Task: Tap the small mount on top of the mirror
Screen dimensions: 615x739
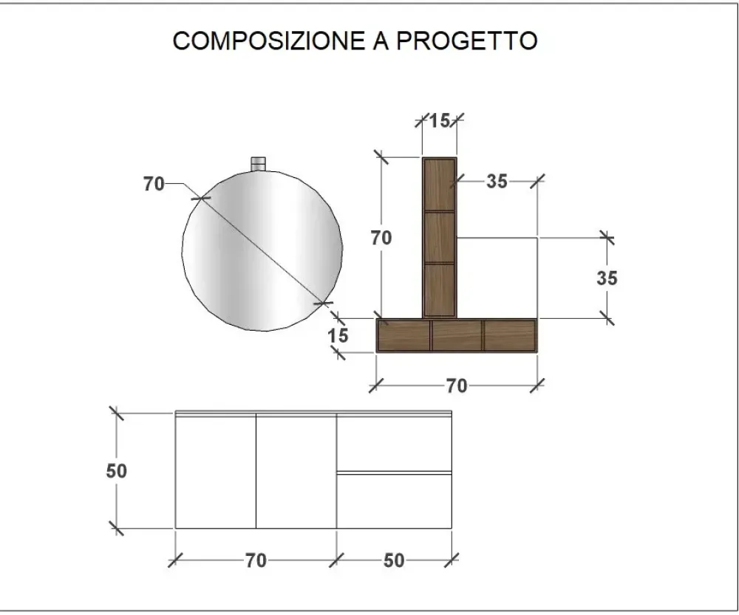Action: point(258,163)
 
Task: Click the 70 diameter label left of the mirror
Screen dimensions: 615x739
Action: point(154,185)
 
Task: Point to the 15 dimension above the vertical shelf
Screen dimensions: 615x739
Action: point(439,120)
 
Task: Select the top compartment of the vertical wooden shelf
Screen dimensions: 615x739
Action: point(439,185)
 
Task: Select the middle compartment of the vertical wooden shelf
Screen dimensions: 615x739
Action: point(439,237)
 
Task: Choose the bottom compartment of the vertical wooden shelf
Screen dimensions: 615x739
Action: point(439,289)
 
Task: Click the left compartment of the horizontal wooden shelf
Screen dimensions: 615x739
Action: point(403,334)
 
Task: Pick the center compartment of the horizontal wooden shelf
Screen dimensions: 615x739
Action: point(456,334)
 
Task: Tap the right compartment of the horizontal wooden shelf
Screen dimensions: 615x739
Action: point(508,334)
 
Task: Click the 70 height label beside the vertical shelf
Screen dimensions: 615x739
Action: point(382,238)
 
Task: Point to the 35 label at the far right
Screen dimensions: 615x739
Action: point(607,278)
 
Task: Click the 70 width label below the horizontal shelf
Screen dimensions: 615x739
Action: point(457,385)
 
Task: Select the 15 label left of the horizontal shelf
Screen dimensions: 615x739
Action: point(338,335)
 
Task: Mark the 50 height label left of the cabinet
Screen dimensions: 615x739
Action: point(117,470)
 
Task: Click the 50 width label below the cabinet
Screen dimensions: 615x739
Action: point(394,560)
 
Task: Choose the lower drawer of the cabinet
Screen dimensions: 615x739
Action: point(394,500)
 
